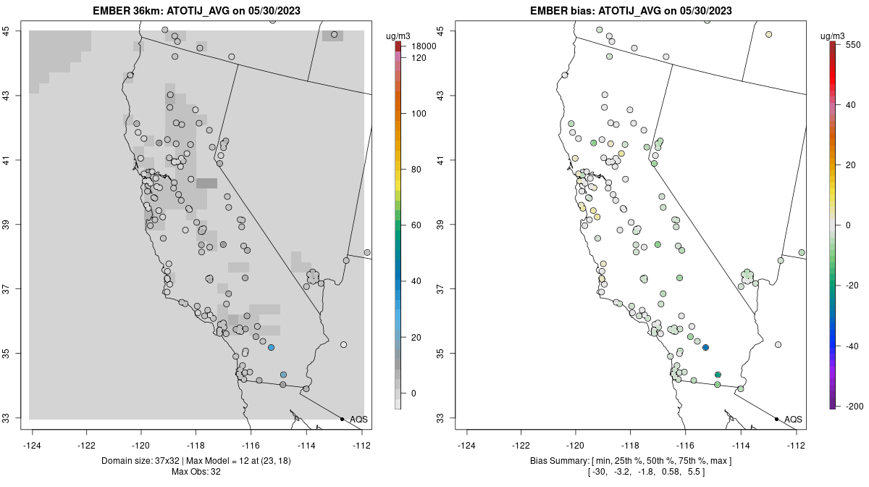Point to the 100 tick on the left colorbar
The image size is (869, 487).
(x=419, y=114)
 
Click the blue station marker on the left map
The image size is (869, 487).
(x=271, y=348)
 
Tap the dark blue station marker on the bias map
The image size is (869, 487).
(x=705, y=348)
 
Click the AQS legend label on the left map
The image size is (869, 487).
(x=358, y=419)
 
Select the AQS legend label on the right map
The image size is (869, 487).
(x=793, y=419)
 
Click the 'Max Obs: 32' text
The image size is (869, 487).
(x=196, y=472)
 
